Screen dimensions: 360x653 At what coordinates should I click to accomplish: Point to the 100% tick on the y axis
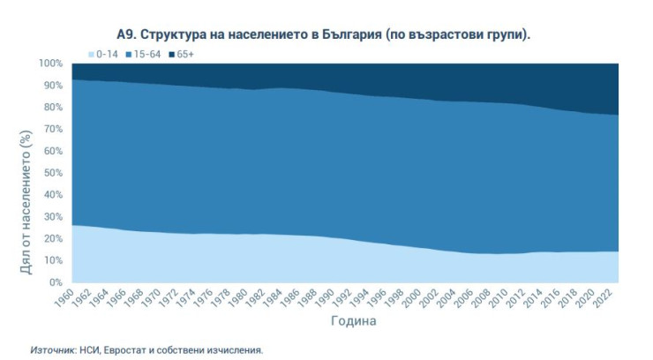click(x=50, y=64)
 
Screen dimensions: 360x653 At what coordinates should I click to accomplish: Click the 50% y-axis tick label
click(x=53, y=173)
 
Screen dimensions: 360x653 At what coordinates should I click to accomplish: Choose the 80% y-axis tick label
click(x=53, y=108)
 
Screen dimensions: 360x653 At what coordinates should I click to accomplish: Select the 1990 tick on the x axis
click(x=327, y=297)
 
